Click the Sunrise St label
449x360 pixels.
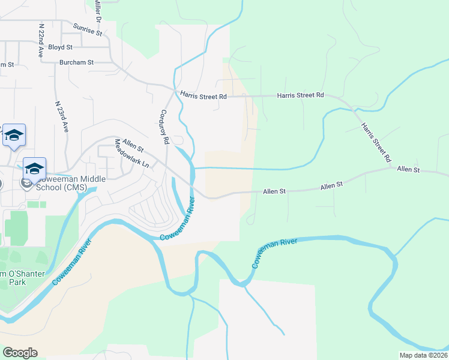(x=88, y=29)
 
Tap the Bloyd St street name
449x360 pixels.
(x=60, y=47)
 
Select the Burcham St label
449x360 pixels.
(x=76, y=62)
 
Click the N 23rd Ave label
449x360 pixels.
(x=62, y=116)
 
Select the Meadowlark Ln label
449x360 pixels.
(x=132, y=154)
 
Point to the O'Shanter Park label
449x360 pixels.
(x=18, y=277)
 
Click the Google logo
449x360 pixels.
(x=20, y=353)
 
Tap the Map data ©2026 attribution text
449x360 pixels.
(x=423, y=355)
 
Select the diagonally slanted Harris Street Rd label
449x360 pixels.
(x=376, y=143)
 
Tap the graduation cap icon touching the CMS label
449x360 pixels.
(x=35, y=169)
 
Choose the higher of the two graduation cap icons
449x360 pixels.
(x=14, y=135)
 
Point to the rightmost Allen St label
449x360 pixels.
(x=408, y=170)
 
